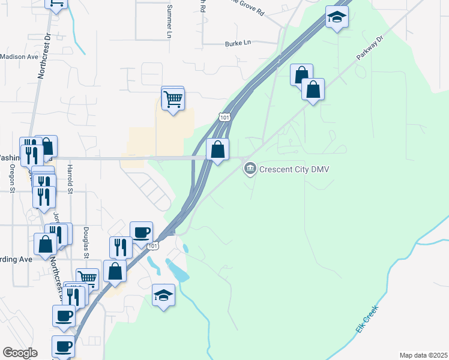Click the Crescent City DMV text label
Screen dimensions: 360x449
coord(294,169)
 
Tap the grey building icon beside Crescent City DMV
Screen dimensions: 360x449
coord(250,169)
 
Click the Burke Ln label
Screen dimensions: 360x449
coord(237,44)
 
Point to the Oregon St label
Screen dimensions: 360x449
coord(13,178)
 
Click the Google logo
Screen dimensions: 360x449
coord(20,353)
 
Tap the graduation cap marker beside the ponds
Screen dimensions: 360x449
coord(163,295)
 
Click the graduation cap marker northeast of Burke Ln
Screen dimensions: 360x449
coord(337,17)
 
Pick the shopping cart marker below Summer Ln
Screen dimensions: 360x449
coord(173,98)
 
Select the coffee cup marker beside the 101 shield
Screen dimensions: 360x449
coord(142,232)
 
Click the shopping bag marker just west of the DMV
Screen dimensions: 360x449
coord(218,149)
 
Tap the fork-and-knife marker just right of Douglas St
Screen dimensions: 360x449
coord(121,247)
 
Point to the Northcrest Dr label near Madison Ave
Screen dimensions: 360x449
coord(44,61)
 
